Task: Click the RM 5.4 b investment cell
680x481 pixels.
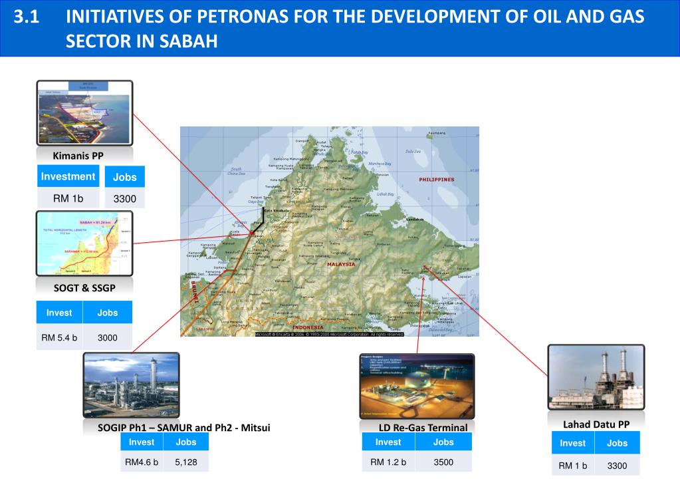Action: tap(59, 337)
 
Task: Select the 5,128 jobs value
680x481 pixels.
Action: tap(185, 462)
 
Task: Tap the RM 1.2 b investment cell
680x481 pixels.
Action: tap(388, 462)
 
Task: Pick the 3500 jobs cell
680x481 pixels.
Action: tap(443, 462)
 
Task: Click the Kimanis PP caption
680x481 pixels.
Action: tap(78, 156)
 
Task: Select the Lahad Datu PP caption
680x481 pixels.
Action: tap(596, 424)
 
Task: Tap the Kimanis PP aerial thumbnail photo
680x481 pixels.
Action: tap(84, 113)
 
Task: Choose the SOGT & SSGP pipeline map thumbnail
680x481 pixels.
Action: tap(84, 243)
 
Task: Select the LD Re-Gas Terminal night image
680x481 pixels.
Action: tap(417, 387)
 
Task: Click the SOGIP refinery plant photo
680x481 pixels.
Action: tap(132, 386)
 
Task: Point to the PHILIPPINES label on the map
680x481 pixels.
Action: tap(437, 180)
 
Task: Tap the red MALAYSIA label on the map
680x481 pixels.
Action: tap(341, 264)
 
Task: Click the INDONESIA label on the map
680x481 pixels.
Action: tap(308, 327)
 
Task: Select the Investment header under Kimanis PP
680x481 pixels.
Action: tap(68, 176)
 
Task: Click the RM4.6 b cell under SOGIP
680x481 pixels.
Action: tap(142, 462)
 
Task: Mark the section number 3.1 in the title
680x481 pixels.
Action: tap(27, 17)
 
